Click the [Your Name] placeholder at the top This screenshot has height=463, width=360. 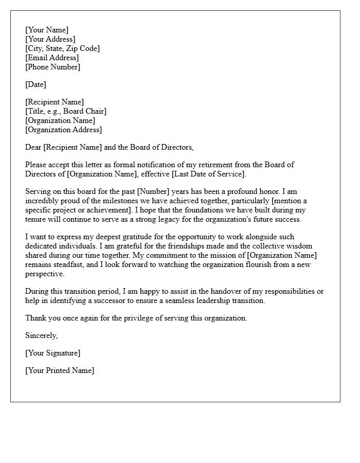pyautogui.click(x=47, y=30)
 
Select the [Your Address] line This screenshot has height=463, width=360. pyautogui.click(x=50, y=39)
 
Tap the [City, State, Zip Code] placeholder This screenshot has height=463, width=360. pyautogui.click(x=62, y=48)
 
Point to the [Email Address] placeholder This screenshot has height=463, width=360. pyautogui.click(x=52, y=58)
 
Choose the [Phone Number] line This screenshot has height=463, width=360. pyautogui.click(x=52, y=67)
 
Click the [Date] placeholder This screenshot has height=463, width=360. pyautogui.click(x=35, y=84)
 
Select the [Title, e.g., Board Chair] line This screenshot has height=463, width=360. pyautogui.click(x=66, y=111)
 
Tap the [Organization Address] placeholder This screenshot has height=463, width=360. pyautogui.click(x=63, y=130)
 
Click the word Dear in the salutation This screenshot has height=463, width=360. pyautogui.click(x=33, y=147)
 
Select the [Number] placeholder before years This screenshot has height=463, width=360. pyautogui.click(x=153, y=191)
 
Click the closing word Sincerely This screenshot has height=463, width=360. pyautogui.click(x=42, y=335)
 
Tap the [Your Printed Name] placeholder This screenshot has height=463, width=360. pyautogui.click(x=60, y=370)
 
